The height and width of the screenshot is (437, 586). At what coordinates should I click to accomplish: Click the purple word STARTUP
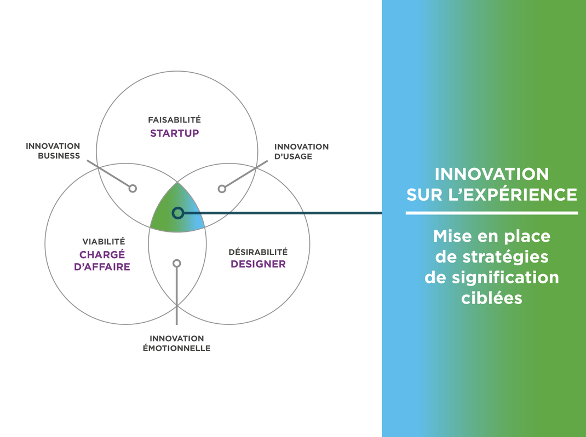175,133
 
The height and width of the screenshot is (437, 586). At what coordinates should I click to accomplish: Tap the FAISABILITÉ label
175,119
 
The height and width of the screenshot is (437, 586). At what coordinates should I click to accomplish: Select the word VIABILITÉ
104,241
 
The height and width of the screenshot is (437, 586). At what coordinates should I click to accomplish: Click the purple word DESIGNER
258,264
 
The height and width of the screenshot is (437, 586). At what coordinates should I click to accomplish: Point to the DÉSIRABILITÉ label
258,252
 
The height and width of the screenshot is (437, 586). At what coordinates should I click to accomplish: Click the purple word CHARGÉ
102,254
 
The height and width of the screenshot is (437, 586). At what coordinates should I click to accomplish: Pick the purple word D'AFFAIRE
102,267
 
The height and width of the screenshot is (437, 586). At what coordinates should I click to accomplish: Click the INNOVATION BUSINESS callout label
53,151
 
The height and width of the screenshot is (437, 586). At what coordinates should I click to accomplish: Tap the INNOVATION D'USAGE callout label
301,152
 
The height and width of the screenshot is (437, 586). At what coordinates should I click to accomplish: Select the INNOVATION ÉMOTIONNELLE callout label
176,343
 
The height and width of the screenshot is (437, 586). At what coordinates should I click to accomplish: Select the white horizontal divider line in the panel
492,213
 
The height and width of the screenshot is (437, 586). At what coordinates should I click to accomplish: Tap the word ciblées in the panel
491,298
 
